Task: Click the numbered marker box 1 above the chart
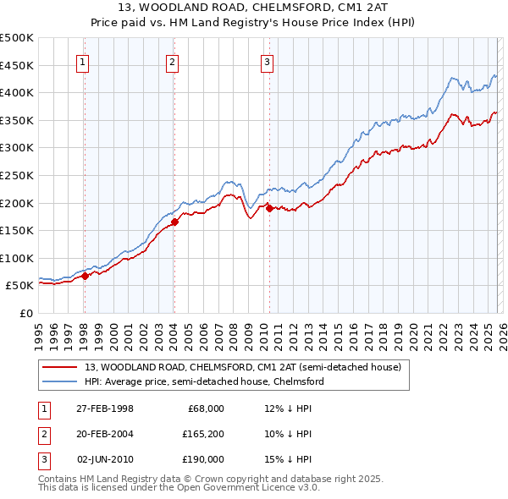click(x=84, y=61)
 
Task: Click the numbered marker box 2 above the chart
click(x=173, y=61)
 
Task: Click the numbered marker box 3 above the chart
click(x=267, y=61)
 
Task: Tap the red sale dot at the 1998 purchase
click(x=85, y=276)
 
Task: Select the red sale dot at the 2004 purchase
click(x=174, y=222)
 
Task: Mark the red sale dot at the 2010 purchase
click(x=268, y=208)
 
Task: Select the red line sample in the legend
click(x=59, y=367)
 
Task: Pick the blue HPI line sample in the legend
click(x=59, y=381)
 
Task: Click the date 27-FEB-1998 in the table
click(x=105, y=409)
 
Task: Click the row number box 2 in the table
click(x=42, y=434)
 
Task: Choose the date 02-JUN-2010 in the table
click(x=106, y=459)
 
